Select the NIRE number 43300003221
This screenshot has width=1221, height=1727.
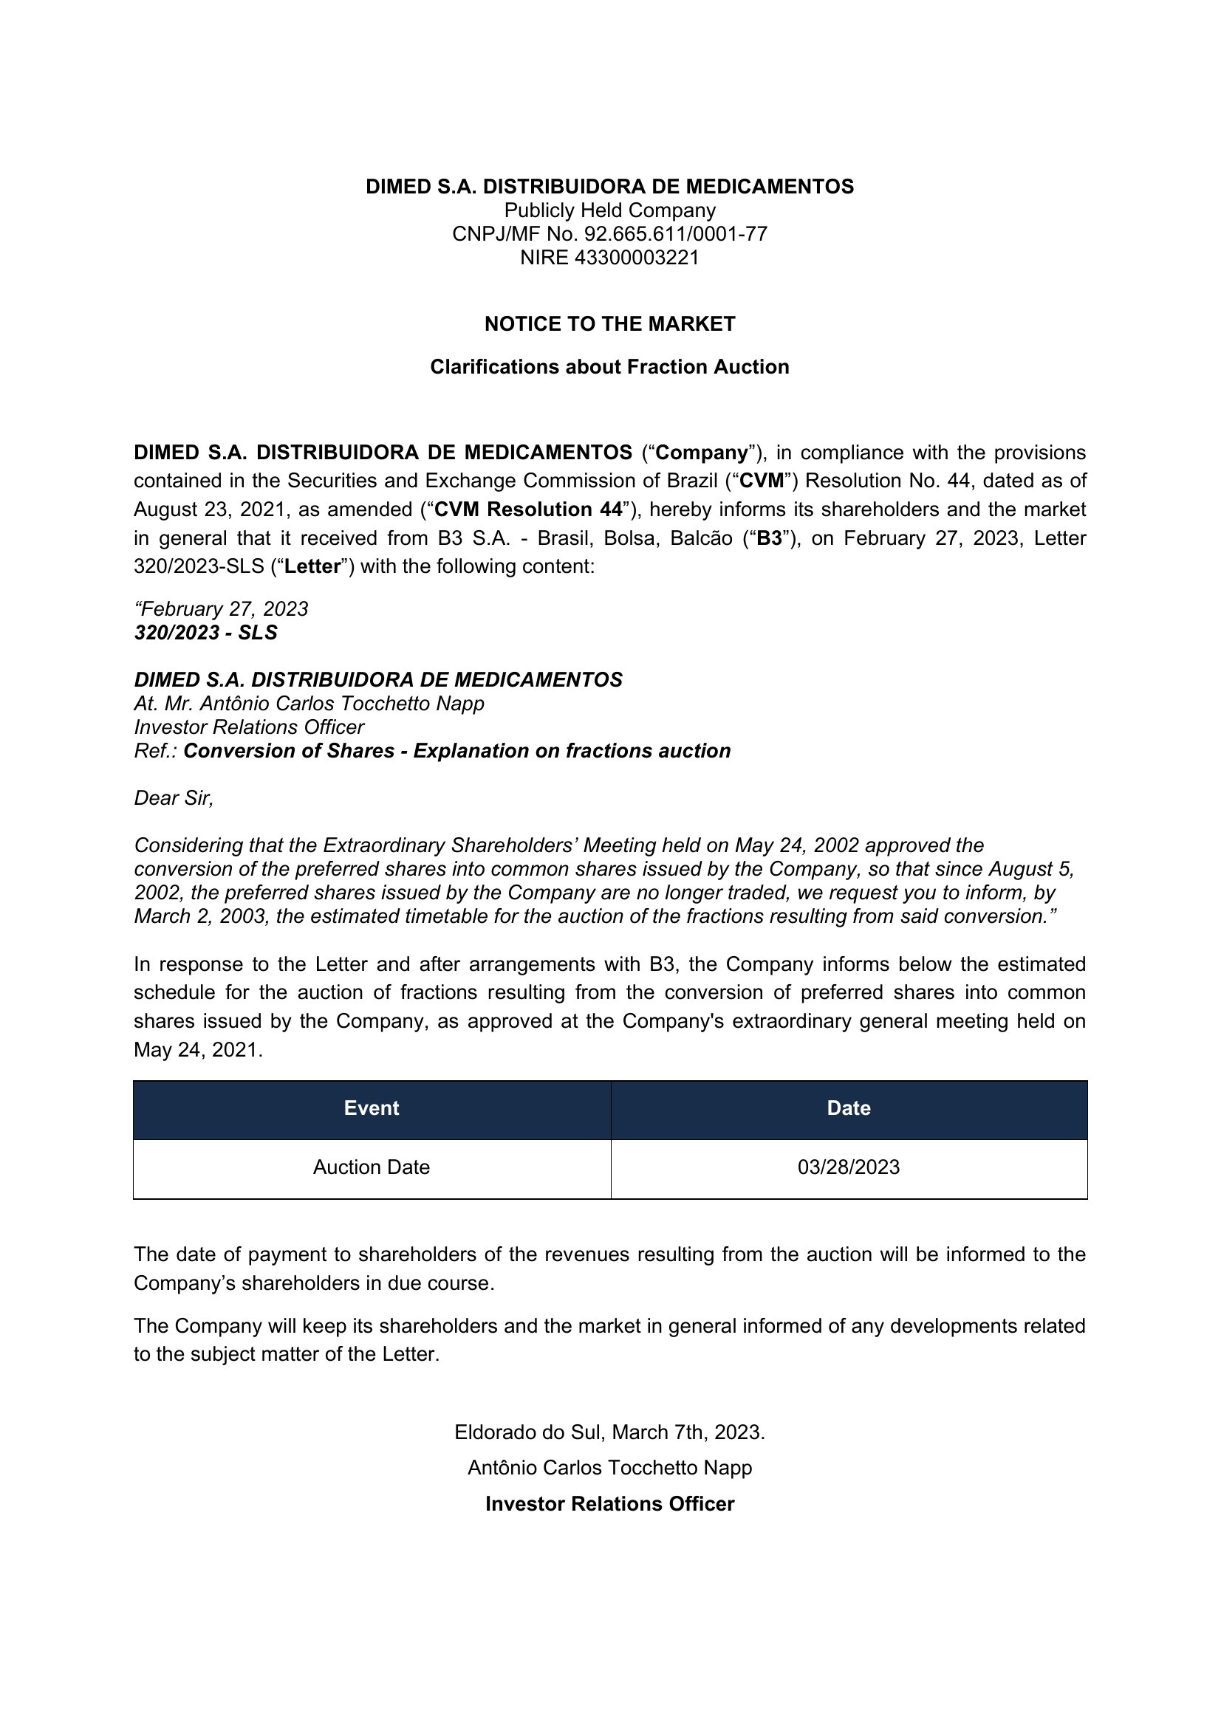coord(637,258)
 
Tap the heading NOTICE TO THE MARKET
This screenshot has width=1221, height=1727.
coord(609,324)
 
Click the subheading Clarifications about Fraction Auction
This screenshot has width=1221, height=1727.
coord(609,367)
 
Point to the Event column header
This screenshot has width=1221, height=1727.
coord(372,1108)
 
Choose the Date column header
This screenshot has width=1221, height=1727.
coord(849,1108)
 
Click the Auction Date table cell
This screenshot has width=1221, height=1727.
coord(372,1167)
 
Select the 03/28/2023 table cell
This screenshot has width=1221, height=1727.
coord(849,1167)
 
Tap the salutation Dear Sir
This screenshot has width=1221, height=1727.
coord(174,798)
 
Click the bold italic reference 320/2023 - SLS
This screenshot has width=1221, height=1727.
coord(206,633)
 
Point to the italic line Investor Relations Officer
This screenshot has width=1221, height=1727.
coord(249,727)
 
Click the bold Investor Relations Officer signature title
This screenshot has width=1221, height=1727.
coord(609,1503)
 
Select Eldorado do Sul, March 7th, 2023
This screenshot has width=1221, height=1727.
coord(609,1432)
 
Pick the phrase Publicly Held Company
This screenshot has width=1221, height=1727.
coord(609,210)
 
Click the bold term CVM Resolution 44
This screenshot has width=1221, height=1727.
coord(528,510)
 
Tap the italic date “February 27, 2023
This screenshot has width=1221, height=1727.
coord(221,608)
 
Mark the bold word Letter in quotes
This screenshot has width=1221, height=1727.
coord(312,566)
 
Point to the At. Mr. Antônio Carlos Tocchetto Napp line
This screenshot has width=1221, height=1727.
coord(309,704)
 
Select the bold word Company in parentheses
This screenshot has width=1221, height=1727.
coord(702,453)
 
